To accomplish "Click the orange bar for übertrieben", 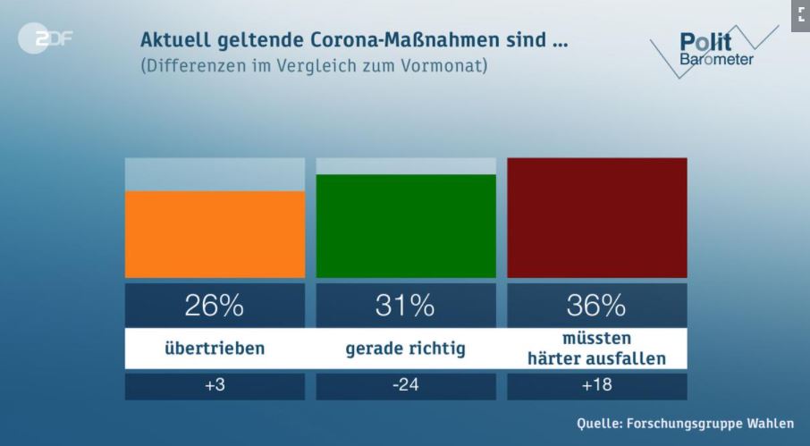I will click(x=215, y=234).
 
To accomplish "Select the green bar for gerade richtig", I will click(x=406, y=226).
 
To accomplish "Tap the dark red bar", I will click(x=597, y=218).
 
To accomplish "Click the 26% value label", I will click(x=215, y=306).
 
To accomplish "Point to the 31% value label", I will click(x=406, y=306).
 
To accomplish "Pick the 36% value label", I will click(x=596, y=306).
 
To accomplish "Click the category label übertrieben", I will click(x=215, y=349).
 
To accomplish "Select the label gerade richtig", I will click(x=406, y=349).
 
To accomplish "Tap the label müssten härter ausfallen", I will click(x=596, y=349).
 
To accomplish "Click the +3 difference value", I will click(x=215, y=387).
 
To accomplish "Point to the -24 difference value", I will click(x=406, y=387).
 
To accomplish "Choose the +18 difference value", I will click(x=596, y=387).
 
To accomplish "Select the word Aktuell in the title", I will click(x=173, y=41).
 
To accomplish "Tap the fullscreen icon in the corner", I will click(x=799, y=14).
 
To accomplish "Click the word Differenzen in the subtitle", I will click(x=195, y=67).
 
